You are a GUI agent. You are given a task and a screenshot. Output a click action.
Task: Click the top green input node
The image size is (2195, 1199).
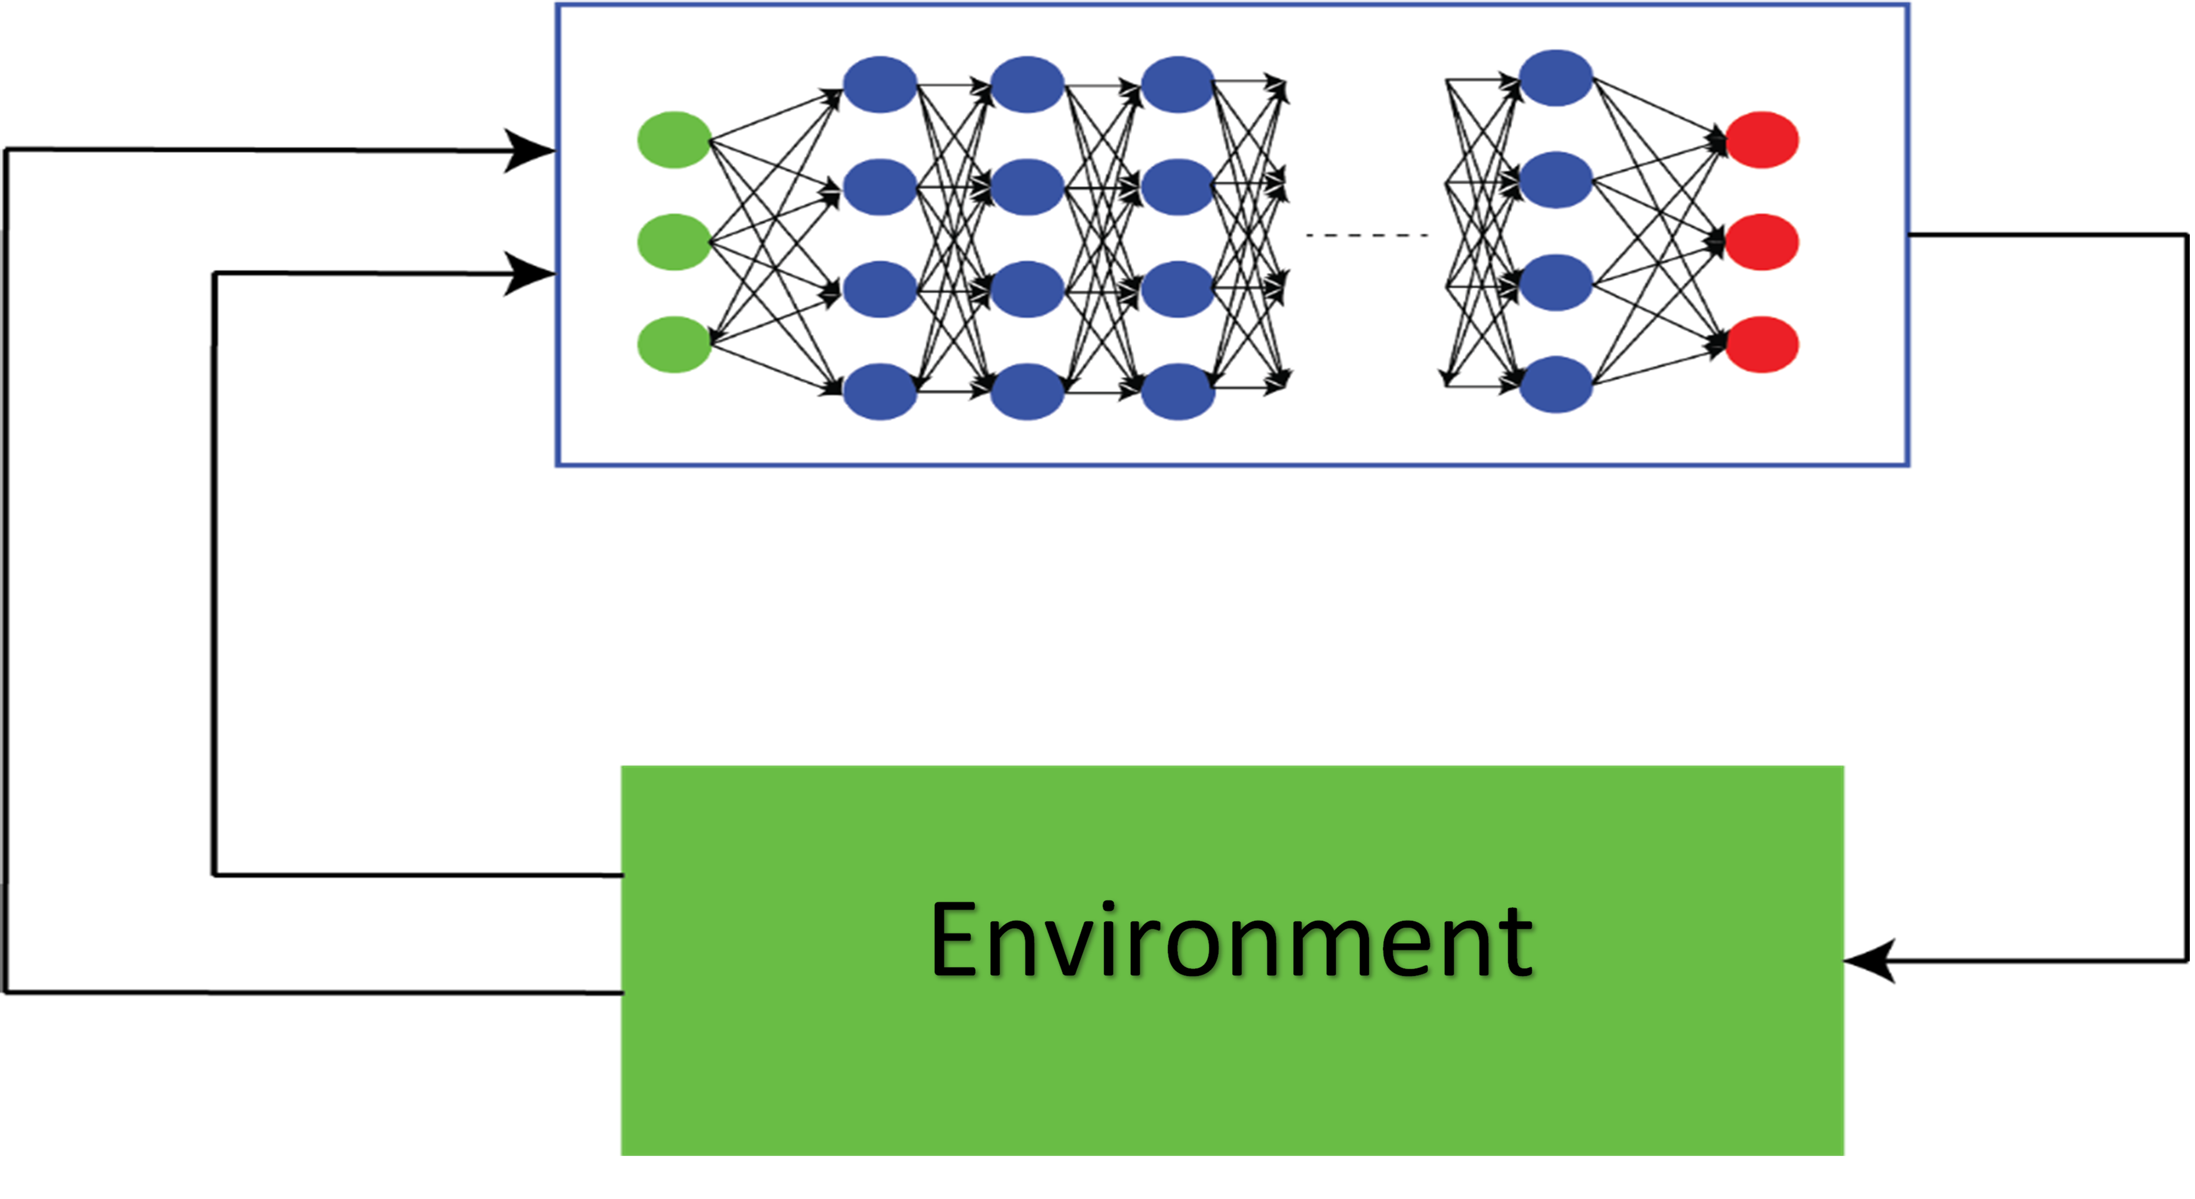tap(674, 140)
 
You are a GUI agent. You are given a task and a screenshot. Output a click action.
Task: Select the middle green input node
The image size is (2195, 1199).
tap(674, 242)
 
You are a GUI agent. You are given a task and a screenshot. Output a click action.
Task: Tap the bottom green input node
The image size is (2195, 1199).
tap(674, 344)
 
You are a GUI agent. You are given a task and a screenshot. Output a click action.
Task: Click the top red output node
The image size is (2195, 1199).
tap(1762, 140)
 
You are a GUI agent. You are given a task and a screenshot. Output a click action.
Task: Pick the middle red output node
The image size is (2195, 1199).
tap(1762, 242)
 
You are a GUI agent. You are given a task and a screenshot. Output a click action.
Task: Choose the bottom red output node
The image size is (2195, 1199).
tap(1762, 344)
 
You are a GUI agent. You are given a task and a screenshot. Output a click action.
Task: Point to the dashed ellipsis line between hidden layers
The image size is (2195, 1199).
tap(1367, 235)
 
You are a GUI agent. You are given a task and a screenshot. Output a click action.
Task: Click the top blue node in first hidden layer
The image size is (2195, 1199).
tap(879, 84)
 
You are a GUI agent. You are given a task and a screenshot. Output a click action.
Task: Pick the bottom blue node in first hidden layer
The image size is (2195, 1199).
tap(879, 392)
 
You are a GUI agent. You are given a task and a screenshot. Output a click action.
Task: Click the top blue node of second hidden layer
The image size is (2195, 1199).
tap(1027, 84)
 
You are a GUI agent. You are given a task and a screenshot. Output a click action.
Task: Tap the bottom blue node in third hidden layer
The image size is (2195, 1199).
tap(1177, 392)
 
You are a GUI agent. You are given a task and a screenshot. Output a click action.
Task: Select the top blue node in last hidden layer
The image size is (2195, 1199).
tap(1556, 77)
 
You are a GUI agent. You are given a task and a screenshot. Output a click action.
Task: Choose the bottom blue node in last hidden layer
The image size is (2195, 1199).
tap(1556, 384)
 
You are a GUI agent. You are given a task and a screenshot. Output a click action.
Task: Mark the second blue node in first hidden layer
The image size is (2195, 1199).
tap(879, 187)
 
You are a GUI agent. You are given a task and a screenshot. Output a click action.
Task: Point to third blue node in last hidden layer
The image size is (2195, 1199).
tap(1556, 282)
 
